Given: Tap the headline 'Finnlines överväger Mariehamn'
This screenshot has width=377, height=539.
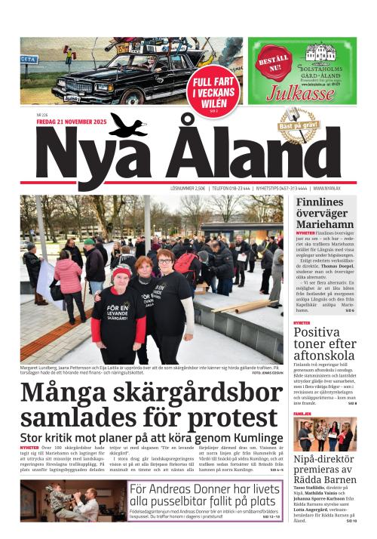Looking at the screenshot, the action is [x=324, y=219].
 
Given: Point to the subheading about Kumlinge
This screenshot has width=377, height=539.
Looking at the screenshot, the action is [x=148, y=437].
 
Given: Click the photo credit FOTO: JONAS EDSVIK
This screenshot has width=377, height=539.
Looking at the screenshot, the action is [x=266, y=373].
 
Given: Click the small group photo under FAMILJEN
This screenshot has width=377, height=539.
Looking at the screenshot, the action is [x=324, y=434].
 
